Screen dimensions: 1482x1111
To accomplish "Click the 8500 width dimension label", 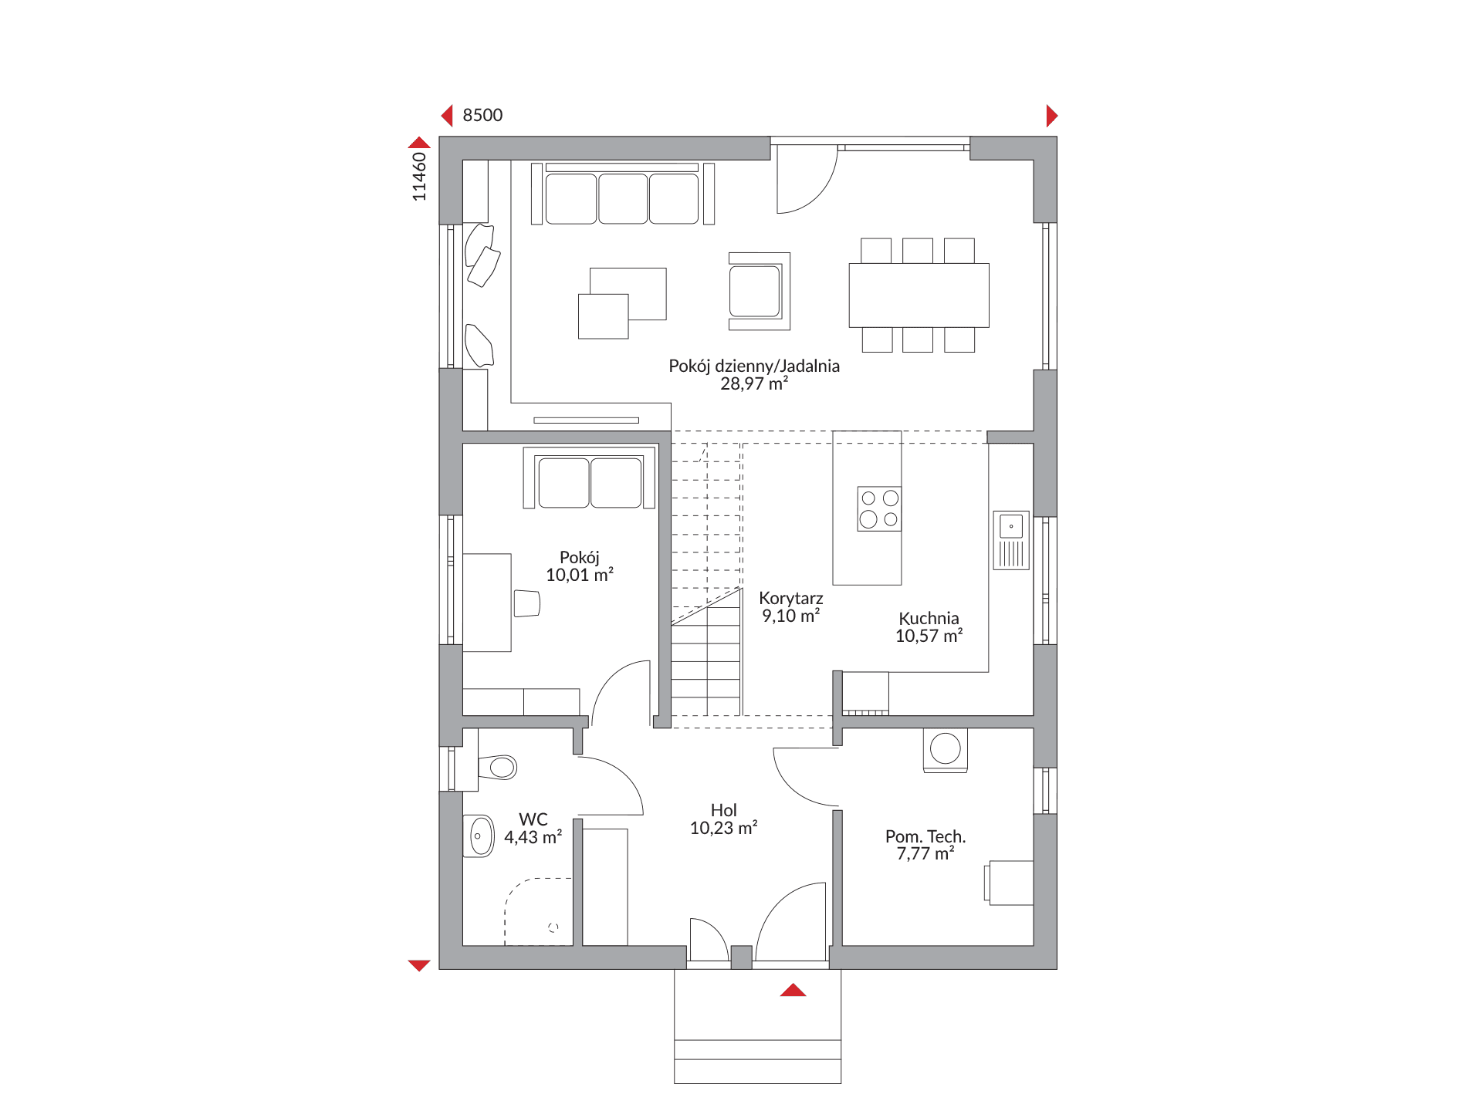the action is tap(482, 115).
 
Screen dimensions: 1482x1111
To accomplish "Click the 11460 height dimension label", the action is tap(419, 177).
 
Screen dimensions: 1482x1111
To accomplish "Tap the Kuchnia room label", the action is tap(929, 618).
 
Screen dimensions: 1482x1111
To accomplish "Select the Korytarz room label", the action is tap(791, 598).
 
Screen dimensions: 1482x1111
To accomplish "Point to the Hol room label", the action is tap(724, 810).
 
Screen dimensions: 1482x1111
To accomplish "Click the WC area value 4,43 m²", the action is tap(533, 837).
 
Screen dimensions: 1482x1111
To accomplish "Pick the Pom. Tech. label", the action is tap(925, 836).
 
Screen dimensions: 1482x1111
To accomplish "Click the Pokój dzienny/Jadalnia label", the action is tap(754, 366).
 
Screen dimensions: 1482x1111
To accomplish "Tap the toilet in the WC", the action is tap(497, 767).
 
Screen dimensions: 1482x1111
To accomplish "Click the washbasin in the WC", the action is tap(479, 836).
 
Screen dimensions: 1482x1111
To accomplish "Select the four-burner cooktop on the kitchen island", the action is tap(879, 508).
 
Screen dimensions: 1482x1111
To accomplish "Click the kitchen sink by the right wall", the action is tap(1011, 540).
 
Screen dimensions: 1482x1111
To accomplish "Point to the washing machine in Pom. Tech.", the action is tap(946, 749).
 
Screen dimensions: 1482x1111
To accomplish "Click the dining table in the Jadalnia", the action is tap(919, 295).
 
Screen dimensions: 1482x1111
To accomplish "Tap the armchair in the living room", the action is tap(760, 292).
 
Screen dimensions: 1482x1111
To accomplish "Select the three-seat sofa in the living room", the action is tap(622, 194).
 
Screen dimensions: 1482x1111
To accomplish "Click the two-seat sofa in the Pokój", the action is tap(590, 478).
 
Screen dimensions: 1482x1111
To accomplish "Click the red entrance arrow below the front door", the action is tap(793, 990).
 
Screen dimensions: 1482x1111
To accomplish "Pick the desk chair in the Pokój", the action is tap(527, 603).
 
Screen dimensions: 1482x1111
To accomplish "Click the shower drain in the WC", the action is tap(553, 927).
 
